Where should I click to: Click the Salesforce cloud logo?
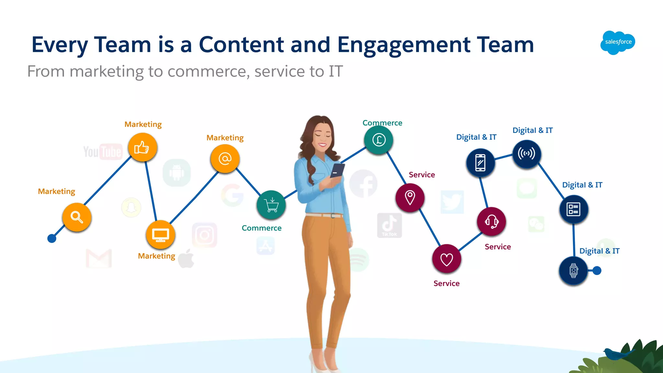click(x=618, y=42)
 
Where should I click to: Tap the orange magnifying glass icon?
click(x=77, y=217)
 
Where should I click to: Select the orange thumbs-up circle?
click(x=142, y=148)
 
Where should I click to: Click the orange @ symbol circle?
click(x=225, y=159)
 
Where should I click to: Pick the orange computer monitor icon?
click(x=161, y=235)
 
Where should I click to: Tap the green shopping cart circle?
click(x=271, y=205)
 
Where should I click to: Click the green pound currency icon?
click(x=378, y=140)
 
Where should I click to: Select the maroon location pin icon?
click(x=410, y=197)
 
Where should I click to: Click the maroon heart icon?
click(x=446, y=259)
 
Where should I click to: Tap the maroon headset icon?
click(x=491, y=222)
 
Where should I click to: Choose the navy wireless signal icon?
click(x=527, y=154)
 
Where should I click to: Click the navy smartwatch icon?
click(x=573, y=271)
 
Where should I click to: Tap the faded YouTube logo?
click(x=103, y=152)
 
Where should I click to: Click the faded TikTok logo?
click(x=389, y=225)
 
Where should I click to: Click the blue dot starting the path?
click(x=52, y=239)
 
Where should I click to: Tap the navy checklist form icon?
click(x=573, y=209)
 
